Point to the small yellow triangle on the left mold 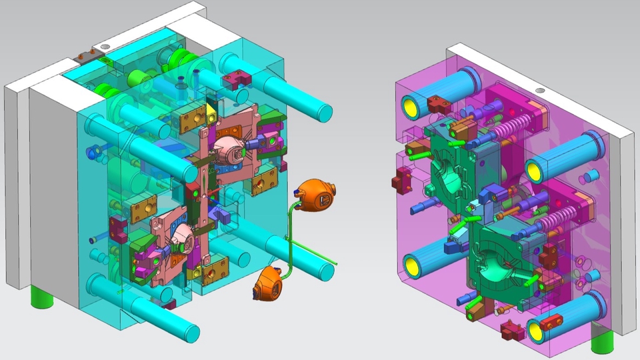(211, 107)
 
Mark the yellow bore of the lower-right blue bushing (536, 331)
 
